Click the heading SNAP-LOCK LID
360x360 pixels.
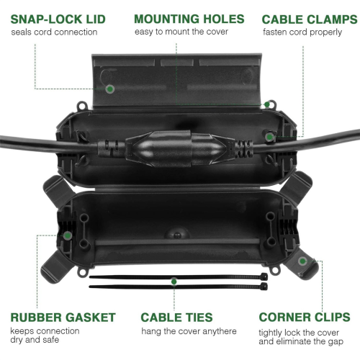coord(58,19)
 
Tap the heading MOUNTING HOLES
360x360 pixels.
coord(189,19)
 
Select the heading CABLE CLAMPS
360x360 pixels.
coord(310,19)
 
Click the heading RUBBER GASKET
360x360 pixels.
coord(63,318)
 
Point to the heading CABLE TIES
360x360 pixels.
coord(176,318)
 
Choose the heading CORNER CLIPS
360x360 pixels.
coord(305,317)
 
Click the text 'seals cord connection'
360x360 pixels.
coord(54,32)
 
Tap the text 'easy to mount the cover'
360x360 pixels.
coord(181,32)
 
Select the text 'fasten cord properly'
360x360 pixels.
coord(302,32)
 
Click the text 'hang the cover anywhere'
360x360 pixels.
coord(189,331)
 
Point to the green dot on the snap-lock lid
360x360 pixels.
coord(110,89)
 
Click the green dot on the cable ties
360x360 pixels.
coord(174,282)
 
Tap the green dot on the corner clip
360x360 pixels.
coord(303,261)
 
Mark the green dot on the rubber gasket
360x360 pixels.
coord(68,235)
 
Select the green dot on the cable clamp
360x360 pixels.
coord(270,137)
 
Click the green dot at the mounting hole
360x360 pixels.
coord(267,104)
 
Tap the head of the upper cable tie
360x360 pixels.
coord(264,276)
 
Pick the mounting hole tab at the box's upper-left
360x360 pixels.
coord(81,106)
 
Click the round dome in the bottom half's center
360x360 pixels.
coord(177,233)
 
